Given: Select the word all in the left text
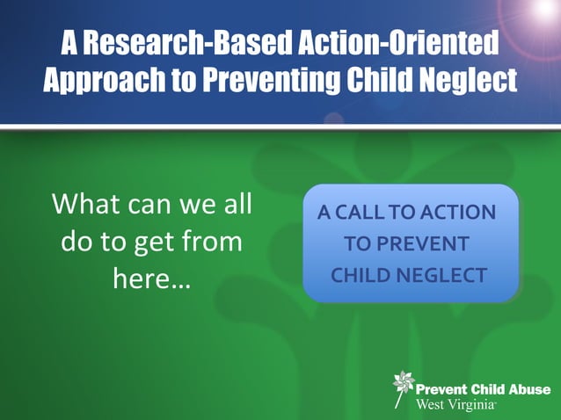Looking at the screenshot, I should click(235, 204).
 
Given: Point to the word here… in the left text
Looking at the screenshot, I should click(151, 279).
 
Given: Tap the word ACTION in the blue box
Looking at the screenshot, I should click(458, 213).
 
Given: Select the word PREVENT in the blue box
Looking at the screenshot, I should click(426, 244).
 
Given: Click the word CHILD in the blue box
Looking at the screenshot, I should click(360, 275).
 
